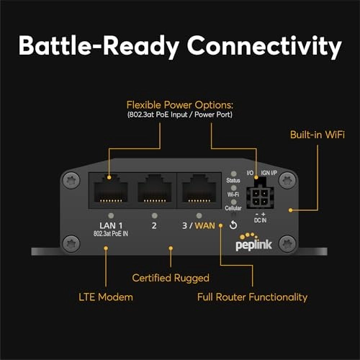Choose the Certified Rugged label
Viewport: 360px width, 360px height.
[x=171, y=276]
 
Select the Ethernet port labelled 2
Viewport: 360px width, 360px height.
[x=153, y=190]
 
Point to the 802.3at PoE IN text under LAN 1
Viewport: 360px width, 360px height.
[x=109, y=235]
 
